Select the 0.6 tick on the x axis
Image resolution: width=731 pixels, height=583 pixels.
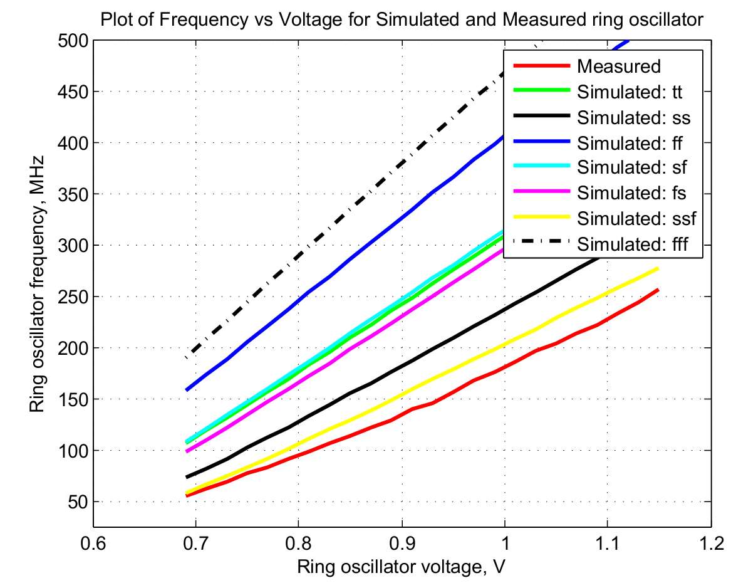93,541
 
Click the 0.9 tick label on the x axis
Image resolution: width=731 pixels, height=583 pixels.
402,541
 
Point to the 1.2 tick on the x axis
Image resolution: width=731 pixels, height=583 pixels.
710,541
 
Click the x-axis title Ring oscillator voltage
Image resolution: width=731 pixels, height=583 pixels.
402,566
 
